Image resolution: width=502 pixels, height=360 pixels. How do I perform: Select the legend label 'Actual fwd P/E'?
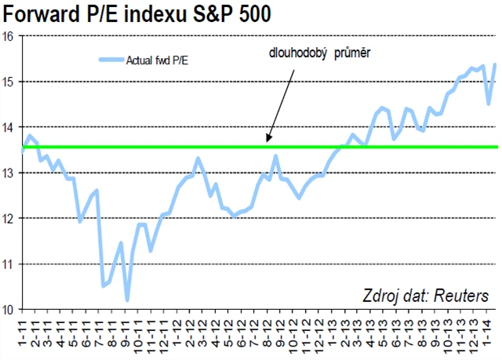pos(156,59)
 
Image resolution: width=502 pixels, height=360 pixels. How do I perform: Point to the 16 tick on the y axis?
pos(8,36)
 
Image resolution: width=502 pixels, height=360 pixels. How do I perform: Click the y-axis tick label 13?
pos(8,173)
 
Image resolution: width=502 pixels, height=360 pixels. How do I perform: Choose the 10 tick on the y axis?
pos(8,309)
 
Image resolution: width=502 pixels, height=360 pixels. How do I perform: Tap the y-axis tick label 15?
pos(8,82)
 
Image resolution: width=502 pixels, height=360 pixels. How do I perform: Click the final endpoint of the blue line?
pos(494,64)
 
